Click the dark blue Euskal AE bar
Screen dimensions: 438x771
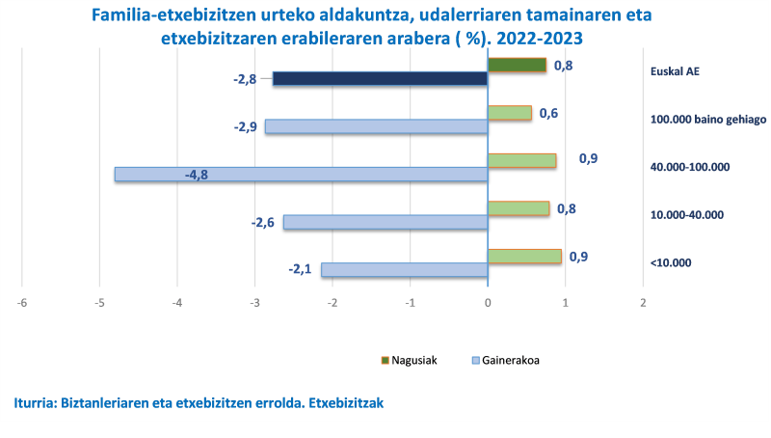(x=380, y=79)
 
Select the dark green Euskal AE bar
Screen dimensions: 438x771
(x=517, y=66)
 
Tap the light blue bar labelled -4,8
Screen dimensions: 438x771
(x=301, y=175)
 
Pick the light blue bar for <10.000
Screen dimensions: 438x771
(x=405, y=270)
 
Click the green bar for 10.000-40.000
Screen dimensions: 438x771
(x=518, y=208)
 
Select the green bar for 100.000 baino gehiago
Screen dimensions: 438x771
(x=510, y=113)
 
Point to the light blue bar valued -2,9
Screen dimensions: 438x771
(x=376, y=126)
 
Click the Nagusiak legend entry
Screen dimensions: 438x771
(x=410, y=360)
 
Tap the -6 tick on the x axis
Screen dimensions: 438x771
(x=22, y=303)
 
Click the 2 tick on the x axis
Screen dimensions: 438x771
(x=643, y=303)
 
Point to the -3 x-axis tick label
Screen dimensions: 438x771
(x=254, y=303)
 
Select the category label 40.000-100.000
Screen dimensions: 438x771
(x=691, y=167)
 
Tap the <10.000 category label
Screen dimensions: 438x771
(x=671, y=262)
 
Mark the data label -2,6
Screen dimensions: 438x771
(x=263, y=223)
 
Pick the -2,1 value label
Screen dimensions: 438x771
(x=300, y=269)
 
